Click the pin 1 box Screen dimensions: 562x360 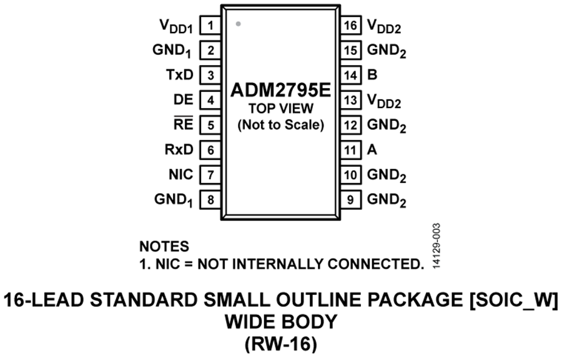click(210, 26)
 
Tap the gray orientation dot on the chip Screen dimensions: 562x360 click(238, 24)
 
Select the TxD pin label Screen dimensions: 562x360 click(180, 74)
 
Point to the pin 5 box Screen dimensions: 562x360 click(210, 125)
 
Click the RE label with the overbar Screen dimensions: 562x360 click(184, 123)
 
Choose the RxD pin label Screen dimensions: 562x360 click(179, 149)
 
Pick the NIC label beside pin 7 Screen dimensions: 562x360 click(181, 174)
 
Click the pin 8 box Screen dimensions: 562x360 click(210, 200)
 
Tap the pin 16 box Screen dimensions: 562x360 click(350, 26)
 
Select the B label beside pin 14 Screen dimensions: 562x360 click(372, 74)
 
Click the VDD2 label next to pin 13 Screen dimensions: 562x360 click(384, 101)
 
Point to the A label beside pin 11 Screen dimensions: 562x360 click(372, 149)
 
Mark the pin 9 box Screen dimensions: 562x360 click(350, 200)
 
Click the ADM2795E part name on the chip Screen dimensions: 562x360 click(280, 90)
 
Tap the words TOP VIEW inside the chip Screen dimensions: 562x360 click(280, 108)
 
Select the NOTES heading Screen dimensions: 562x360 click(164, 246)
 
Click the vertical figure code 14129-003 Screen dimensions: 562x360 click(436, 246)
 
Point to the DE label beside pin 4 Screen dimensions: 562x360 click(184, 99)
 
